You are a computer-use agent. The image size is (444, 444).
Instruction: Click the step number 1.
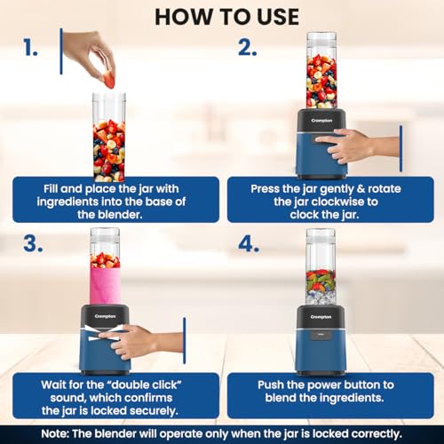(x=30, y=47)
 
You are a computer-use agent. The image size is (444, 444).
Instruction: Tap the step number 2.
(x=248, y=47)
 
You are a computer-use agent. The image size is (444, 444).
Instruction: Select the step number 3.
(x=33, y=244)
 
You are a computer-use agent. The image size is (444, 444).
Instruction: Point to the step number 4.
(x=249, y=244)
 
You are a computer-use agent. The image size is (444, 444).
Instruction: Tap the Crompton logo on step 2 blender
(x=321, y=121)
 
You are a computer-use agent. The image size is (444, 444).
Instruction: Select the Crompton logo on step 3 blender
(x=105, y=316)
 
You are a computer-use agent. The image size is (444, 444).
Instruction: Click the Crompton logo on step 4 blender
(x=321, y=317)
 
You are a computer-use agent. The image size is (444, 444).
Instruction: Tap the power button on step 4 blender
(x=321, y=335)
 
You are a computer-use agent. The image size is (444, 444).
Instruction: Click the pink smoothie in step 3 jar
(x=105, y=286)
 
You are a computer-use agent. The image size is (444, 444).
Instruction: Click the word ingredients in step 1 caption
(x=67, y=202)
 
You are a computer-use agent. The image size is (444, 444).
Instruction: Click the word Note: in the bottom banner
(x=55, y=434)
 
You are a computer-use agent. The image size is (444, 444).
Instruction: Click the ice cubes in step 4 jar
(x=321, y=297)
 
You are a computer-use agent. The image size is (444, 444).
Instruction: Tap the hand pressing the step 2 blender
(x=357, y=145)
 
